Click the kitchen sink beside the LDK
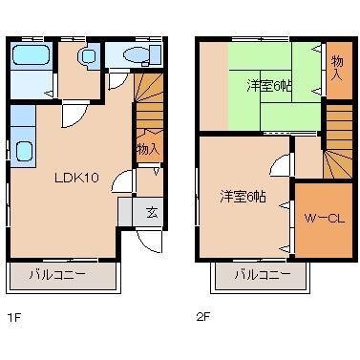23,151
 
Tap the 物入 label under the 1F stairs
147,149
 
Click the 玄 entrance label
152,212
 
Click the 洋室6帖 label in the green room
270,87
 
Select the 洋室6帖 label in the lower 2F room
244,197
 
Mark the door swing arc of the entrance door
143,239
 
